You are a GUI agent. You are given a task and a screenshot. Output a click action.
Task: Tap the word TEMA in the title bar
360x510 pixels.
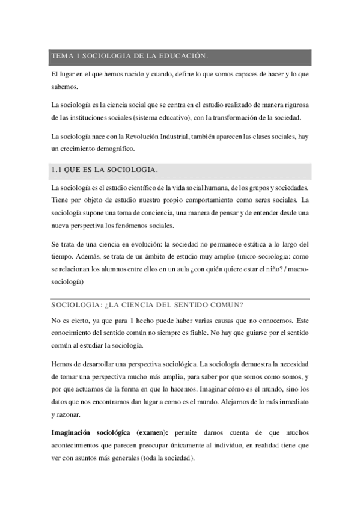[61, 57]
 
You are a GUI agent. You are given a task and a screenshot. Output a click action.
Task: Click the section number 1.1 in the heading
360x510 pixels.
[58, 170]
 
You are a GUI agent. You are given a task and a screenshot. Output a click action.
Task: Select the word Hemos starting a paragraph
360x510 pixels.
[61, 364]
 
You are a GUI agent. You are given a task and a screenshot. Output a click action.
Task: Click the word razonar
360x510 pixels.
[70, 415]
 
